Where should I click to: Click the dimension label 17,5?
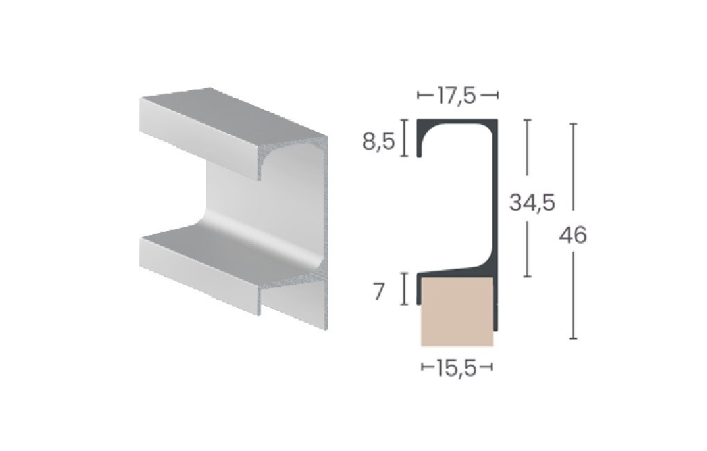coord(457,95)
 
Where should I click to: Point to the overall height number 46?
coord(573,236)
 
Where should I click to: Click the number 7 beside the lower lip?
coord(378,292)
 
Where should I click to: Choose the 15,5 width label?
coord(457,368)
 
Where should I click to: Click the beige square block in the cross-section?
coord(457,312)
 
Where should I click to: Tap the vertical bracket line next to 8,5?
coord(403,138)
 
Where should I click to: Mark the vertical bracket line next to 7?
coord(403,289)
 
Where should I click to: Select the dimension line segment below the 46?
coord(573,298)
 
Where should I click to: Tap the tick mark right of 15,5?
coord(489,368)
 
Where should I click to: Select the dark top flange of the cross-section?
coord(457,123)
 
